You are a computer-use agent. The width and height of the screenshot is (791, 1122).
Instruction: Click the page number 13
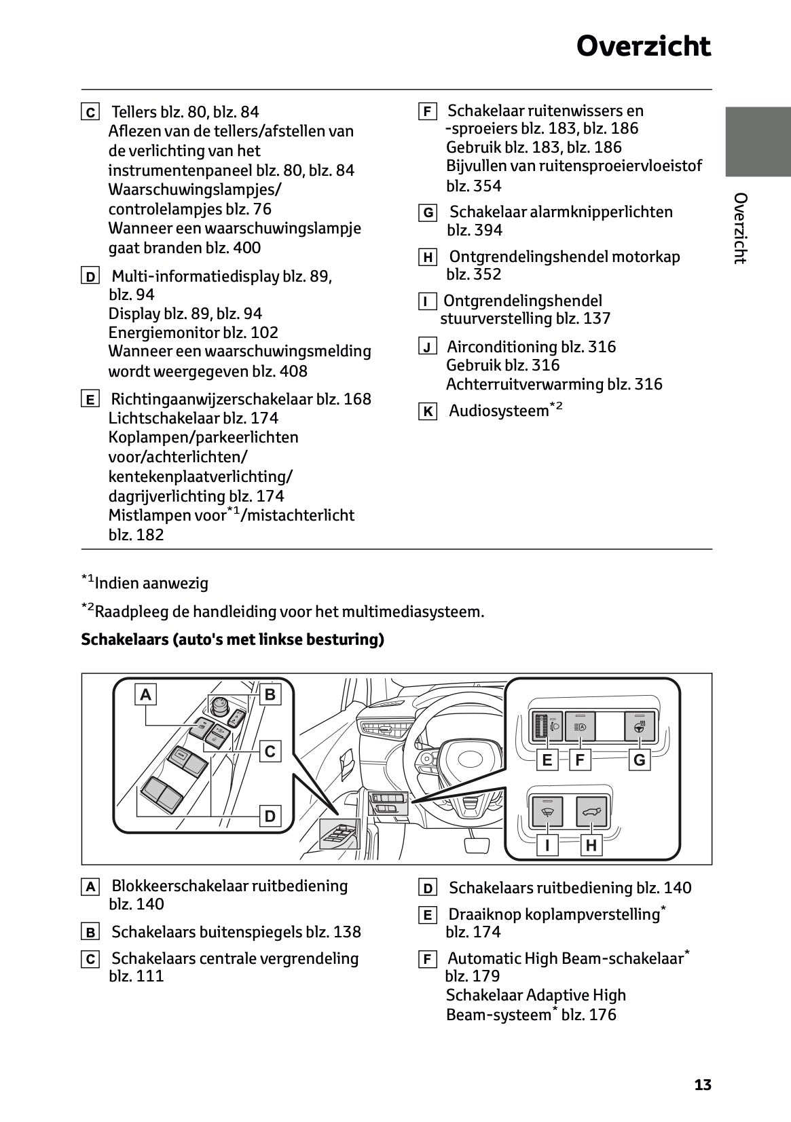point(703,1085)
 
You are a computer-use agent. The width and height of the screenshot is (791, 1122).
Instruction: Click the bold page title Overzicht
point(643,47)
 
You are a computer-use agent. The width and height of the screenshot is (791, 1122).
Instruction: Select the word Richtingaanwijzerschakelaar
point(212,399)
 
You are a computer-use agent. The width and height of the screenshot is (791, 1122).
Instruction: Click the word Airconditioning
point(502,347)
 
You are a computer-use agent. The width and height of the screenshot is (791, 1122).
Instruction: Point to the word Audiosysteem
point(498,411)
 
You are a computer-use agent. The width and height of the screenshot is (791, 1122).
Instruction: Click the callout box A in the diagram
point(145,694)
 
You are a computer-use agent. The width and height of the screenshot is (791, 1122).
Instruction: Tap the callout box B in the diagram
point(270,694)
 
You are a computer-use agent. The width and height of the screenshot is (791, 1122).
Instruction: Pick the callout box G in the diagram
point(639,760)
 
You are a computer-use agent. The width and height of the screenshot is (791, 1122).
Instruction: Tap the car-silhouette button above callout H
point(591,810)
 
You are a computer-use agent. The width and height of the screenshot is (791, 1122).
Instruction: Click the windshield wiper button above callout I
point(547,810)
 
